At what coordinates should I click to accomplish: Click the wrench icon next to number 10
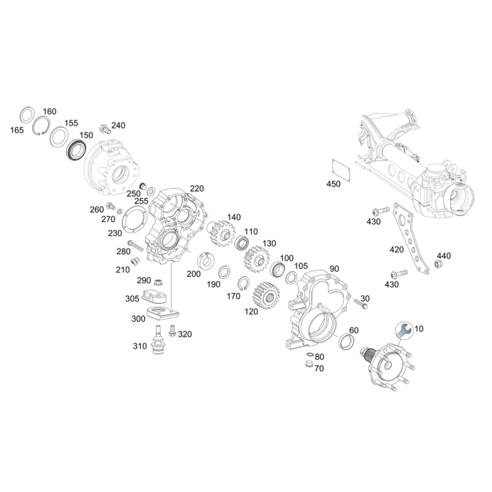coord(403,330)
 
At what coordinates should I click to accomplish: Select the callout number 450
coord(333,184)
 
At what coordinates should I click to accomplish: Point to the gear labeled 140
coord(218,232)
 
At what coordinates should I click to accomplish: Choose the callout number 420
coord(397,250)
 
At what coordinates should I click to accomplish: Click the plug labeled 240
coord(104,129)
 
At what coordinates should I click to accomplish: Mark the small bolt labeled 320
coord(173,331)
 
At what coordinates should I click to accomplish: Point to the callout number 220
coord(197,188)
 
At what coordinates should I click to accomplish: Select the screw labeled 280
coord(136,248)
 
